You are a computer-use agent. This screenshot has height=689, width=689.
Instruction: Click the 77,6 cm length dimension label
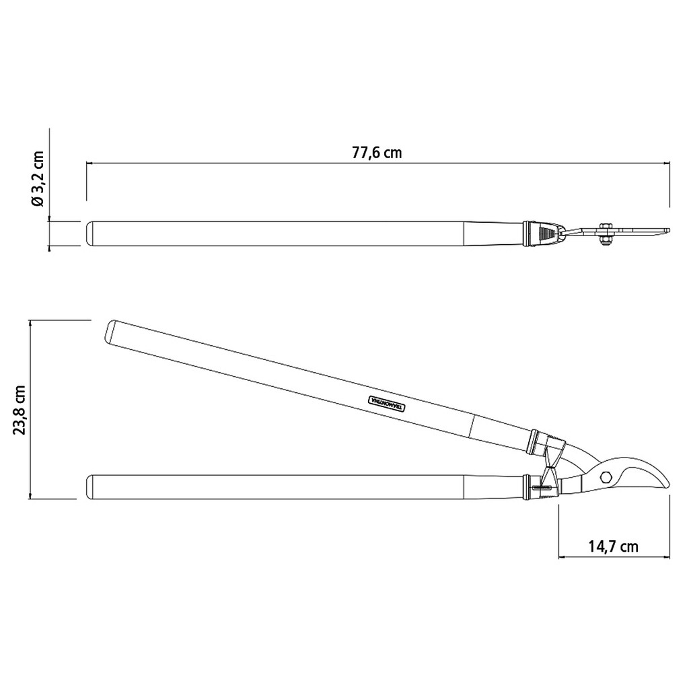pyautogui.click(x=377, y=153)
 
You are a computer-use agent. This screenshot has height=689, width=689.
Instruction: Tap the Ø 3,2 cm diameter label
pyautogui.click(x=38, y=179)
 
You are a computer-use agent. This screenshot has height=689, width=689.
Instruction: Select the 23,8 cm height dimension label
pyautogui.click(x=20, y=410)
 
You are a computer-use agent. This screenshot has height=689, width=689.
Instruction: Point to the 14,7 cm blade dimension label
pyautogui.click(x=613, y=546)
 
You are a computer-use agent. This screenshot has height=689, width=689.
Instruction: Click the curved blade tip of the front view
pyautogui.click(x=665, y=483)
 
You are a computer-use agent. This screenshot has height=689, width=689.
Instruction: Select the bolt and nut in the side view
pyautogui.click(x=606, y=234)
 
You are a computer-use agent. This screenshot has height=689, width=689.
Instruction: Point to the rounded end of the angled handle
pyautogui.click(x=110, y=332)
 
